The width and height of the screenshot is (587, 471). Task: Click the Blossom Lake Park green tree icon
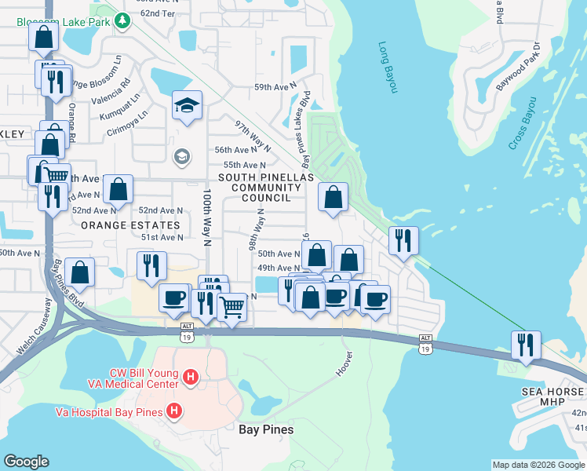[x=122, y=22]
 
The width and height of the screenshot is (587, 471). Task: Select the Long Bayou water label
[x=388, y=68]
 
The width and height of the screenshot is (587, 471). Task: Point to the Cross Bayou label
[x=522, y=123]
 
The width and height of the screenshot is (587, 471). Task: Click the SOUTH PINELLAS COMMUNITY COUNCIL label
[x=260, y=188]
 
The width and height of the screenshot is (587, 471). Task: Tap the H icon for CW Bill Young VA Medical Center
[x=189, y=378]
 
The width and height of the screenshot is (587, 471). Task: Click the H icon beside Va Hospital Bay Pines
[x=174, y=411]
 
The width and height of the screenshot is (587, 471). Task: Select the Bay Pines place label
[x=266, y=429]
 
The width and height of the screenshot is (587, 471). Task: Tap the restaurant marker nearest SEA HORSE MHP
[x=525, y=345]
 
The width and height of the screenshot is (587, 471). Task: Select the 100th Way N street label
[x=207, y=217]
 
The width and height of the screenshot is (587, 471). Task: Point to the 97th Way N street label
[x=253, y=136]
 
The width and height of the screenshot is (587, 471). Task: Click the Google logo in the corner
[x=26, y=461]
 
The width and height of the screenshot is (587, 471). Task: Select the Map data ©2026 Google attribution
[x=538, y=465]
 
